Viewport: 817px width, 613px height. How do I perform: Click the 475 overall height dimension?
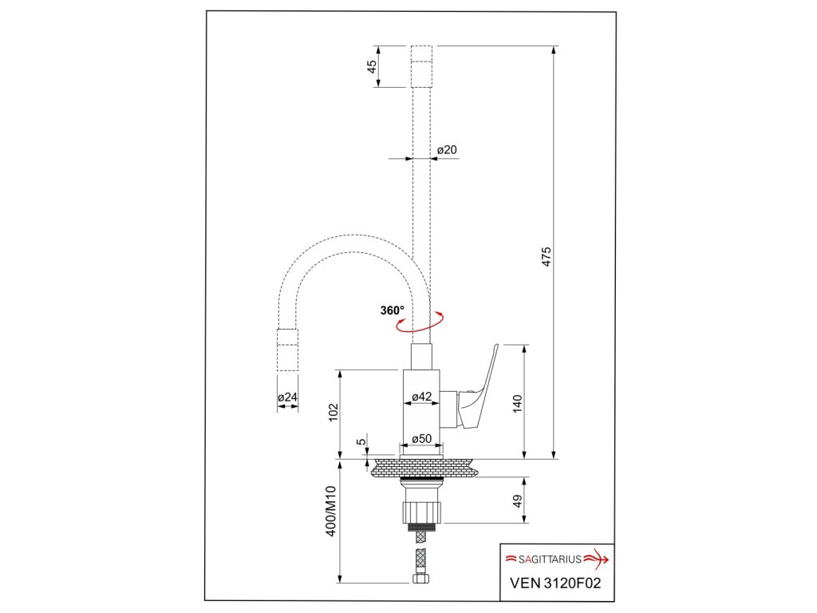pos(547,257)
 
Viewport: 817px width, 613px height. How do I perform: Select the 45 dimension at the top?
pos(373,66)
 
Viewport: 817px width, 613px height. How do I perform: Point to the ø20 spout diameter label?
pos(447,149)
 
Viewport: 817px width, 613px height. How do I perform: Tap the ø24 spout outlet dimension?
pos(287,397)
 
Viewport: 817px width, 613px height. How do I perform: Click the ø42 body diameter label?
pos(422,397)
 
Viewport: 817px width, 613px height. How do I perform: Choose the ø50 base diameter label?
pos(421,439)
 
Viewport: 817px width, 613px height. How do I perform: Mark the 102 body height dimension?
pos(334,413)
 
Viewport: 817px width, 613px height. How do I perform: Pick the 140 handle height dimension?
pos(517,403)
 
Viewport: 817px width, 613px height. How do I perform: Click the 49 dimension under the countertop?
pos(517,501)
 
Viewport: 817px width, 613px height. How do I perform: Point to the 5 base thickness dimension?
pos(361,441)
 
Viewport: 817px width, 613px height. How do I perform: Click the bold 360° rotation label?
pos(392,310)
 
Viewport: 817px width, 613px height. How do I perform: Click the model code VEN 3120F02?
pos(555,583)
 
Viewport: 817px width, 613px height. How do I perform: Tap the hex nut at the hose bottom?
pos(421,580)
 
